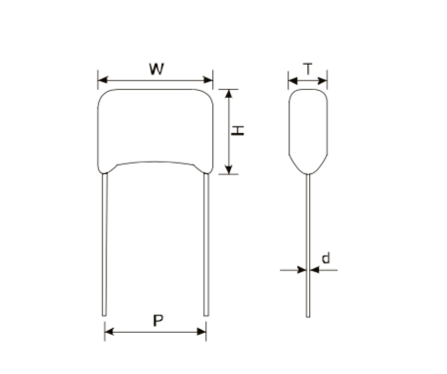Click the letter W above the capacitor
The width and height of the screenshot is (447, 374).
pos(156,70)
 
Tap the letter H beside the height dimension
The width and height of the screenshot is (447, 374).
pos(238,130)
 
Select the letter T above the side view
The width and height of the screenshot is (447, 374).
pos(308,69)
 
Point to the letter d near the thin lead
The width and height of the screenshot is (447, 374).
pos(326,258)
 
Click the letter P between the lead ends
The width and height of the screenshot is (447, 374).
pos(158,321)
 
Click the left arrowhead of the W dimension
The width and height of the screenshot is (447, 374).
pos(103,80)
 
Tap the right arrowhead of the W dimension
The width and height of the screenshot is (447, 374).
pos(208,80)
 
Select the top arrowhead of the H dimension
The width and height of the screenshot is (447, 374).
pos(229,94)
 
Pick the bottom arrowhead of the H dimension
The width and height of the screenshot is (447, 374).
pos(229,169)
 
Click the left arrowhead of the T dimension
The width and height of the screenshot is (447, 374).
pos(293,80)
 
